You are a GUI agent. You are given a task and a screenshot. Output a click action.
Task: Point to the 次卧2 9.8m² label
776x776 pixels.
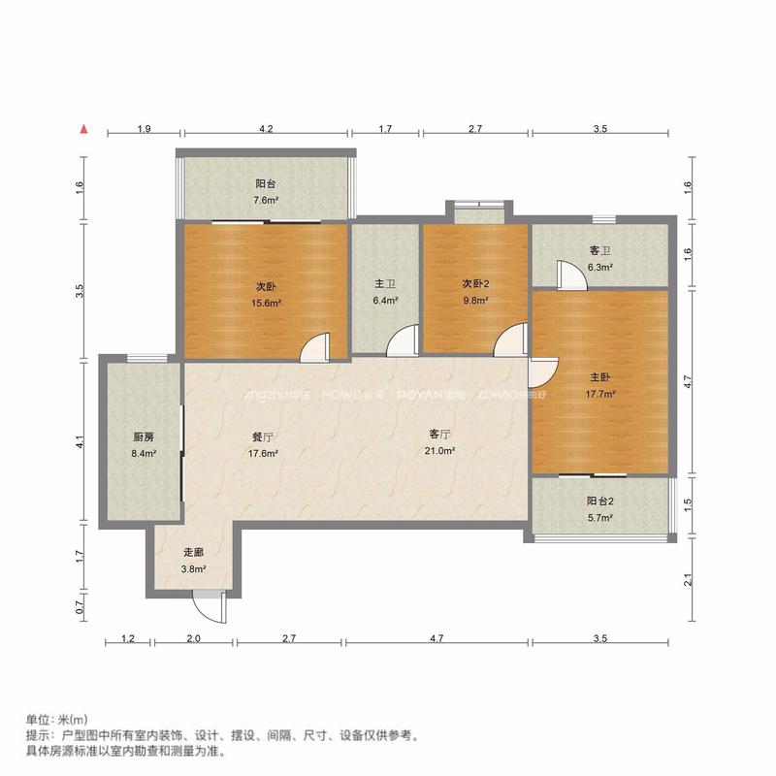[x=474, y=292]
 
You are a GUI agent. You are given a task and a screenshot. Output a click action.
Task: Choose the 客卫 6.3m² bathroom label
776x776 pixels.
[x=600, y=259]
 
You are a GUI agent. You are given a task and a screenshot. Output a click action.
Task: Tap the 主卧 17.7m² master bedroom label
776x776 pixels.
[x=600, y=385]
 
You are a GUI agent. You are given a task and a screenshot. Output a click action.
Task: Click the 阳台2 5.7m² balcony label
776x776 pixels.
[x=600, y=509]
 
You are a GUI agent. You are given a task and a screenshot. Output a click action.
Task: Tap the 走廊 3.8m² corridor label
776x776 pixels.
[x=193, y=561]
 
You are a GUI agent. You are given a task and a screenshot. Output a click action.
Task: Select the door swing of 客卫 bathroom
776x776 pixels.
[x=570, y=275]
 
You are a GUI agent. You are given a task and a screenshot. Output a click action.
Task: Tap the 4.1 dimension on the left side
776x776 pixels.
[x=81, y=441]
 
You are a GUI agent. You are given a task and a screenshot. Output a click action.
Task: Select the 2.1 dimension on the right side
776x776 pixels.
[x=688, y=580]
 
